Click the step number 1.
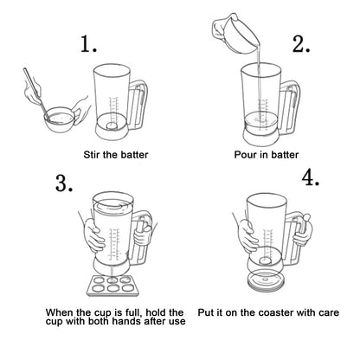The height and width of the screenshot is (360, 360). [87, 44]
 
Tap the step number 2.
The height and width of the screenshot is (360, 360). [300, 44]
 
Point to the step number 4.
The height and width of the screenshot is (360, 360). [312, 178]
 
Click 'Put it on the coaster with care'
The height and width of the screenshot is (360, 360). [268, 312]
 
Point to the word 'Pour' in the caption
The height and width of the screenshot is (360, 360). [247, 154]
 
